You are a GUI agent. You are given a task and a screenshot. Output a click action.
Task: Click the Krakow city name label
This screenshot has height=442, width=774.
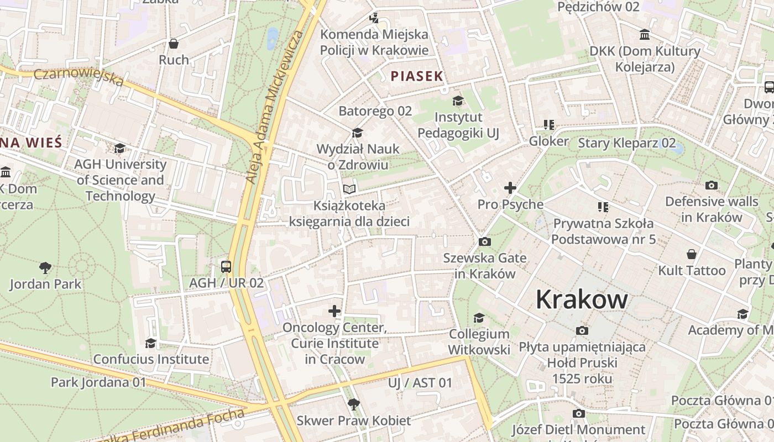[582, 299]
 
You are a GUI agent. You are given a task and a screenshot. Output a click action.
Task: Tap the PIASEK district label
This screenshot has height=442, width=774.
[417, 76]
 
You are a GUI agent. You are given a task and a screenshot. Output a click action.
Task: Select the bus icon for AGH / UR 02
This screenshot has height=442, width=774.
[226, 267]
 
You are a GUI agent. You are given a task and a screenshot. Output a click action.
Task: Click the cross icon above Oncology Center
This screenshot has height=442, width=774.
[334, 311]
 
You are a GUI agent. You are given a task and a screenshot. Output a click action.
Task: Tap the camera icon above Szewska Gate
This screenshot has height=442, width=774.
[485, 241]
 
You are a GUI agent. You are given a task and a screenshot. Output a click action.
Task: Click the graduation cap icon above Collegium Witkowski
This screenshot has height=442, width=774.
[479, 318]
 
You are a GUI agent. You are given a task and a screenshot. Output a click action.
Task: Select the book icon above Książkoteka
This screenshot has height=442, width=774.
[349, 189]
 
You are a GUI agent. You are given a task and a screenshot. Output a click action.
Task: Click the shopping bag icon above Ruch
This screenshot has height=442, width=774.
[174, 44]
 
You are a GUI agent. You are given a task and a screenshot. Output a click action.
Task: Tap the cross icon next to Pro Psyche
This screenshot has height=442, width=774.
[510, 188]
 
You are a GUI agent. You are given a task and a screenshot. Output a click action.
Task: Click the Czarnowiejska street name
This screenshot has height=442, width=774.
[79, 77]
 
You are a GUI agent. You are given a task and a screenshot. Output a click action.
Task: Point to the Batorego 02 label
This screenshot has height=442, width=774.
[375, 111]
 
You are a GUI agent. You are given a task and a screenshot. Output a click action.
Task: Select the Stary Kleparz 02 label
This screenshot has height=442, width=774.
[626, 143]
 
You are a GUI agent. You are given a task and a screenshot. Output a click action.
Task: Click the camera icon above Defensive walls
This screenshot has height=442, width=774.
[712, 185]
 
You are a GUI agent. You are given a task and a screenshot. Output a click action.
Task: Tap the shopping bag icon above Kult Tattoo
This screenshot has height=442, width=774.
[692, 254]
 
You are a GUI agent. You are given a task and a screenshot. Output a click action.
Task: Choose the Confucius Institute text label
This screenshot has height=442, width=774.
[151, 359]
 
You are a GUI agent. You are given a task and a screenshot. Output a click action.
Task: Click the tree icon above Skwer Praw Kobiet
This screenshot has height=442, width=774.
[353, 404]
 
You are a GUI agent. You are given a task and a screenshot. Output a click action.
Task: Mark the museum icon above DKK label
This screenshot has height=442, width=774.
[645, 35]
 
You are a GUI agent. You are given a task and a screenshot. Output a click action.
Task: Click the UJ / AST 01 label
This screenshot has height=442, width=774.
[420, 382]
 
